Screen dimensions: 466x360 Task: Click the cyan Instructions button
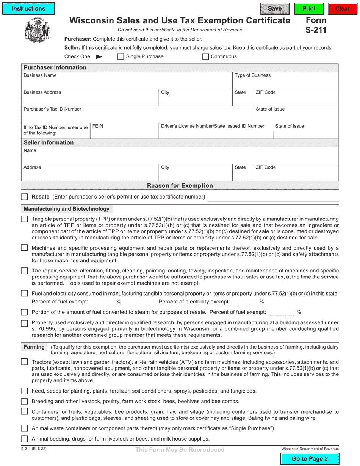(x=28, y=8)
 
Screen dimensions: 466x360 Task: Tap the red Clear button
(x=343, y=8)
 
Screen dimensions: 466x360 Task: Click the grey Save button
(x=275, y=8)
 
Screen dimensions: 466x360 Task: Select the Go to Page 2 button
(x=310, y=459)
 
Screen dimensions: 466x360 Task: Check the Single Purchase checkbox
(x=121, y=57)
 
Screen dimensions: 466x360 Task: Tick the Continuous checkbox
(x=205, y=57)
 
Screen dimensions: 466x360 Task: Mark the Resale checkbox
(x=25, y=197)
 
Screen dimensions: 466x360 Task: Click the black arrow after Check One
(x=99, y=57)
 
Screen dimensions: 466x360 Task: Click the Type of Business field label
(x=252, y=75)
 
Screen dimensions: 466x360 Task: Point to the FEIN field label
(x=98, y=126)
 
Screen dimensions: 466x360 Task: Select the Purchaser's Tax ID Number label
(x=52, y=109)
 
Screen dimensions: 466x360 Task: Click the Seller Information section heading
(x=49, y=143)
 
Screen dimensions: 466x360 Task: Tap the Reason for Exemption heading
(x=180, y=186)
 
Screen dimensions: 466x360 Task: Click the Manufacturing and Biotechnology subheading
(x=66, y=209)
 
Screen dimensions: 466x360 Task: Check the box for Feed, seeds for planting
(x=25, y=391)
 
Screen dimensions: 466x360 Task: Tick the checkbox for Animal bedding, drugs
(x=25, y=439)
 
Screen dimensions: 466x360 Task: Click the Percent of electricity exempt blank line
(x=245, y=302)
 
